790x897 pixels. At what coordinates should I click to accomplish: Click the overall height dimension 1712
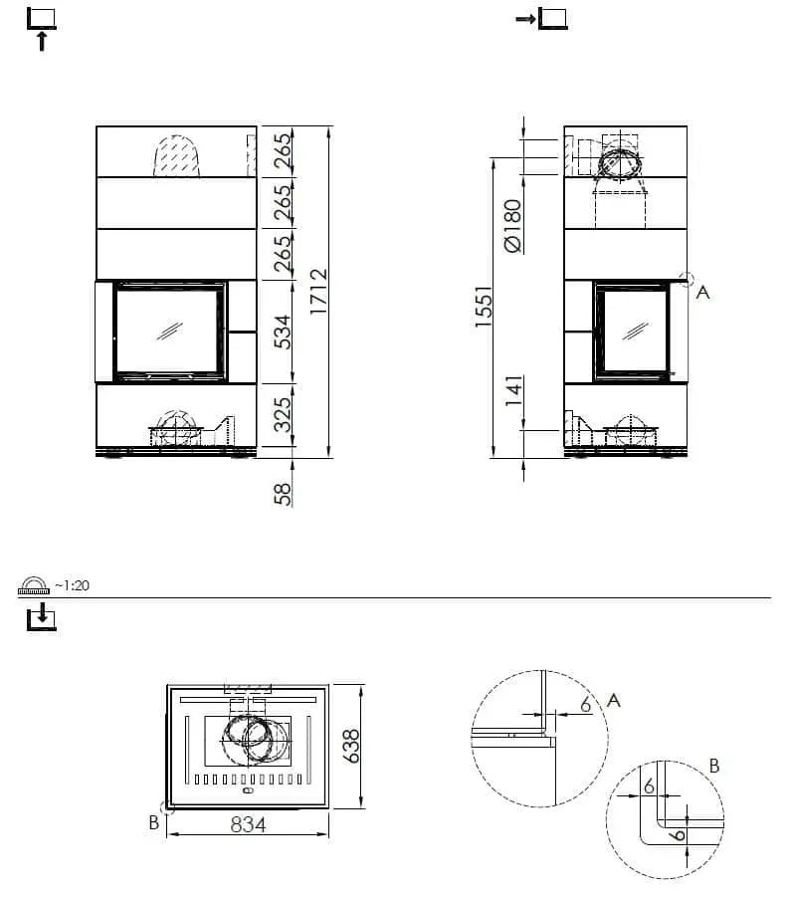(318, 292)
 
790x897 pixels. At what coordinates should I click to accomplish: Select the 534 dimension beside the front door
(284, 332)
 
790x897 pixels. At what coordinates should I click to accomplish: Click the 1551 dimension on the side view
(484, 311)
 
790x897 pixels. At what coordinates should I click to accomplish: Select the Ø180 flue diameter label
(512, 226)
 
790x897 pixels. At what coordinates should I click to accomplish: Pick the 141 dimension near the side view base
(512, 391)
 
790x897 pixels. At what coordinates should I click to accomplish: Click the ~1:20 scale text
(72, 585)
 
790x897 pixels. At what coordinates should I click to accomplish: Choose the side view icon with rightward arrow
(542, 18)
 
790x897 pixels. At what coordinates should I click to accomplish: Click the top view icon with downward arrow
(41, 618)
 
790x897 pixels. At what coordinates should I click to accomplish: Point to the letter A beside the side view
(702, 293)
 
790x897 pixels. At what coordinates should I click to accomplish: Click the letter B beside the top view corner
(154, 822)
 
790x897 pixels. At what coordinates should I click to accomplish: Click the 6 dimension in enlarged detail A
(585, 703)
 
